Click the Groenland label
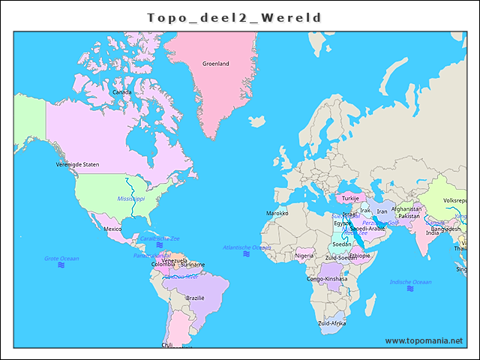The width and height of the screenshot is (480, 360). tap(216, 64)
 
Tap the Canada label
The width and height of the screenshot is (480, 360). tap(121, 92)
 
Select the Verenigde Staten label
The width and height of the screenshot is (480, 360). tap(77, 164)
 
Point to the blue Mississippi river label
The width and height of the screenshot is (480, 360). tap(131, 198)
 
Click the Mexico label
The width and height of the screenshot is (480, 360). tap(112, 229)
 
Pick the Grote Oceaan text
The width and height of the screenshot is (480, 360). tap(61, 258)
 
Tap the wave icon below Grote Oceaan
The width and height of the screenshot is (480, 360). tap(61, 265)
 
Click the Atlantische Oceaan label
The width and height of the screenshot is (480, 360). tap(247, 247)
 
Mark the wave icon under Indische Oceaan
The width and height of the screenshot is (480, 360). tap(411, 290)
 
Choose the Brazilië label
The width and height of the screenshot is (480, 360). tap(195, 298)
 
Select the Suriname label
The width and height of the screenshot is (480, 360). tap(193, 265)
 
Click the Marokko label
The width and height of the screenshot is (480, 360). tap(277, 213)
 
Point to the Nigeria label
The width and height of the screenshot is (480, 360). tap(304, 255)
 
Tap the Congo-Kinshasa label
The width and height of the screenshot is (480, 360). tap(327, 279)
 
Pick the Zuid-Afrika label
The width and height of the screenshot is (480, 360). tap(332, 323)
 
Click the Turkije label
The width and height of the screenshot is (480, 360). tap(351, 199)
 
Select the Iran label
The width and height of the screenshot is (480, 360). tap(382, 211)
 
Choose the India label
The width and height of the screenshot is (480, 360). tap(432, 232)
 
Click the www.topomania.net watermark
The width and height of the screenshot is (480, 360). tap(424, 340)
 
